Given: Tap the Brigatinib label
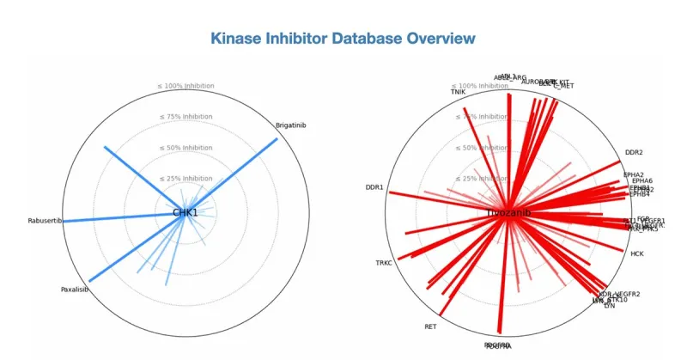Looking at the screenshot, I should pyautogui.click(x=291, y=125).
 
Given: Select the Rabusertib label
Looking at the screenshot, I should pyautogui.click(x=45, y=221).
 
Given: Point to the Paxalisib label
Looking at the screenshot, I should pyautogui.click(x=75, y=289).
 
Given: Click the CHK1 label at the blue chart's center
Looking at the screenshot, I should pyautogui.click(x=185, y=212).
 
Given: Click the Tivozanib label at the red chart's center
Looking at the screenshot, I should pyautogui.click(x=508, y=212).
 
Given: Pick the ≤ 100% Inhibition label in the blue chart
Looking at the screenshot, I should pyautogui.click(x=185, y=86).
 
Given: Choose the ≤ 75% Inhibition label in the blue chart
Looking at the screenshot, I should pyautogui.click(x=185, y=117).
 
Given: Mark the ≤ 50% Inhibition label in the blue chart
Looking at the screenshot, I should pyautogui.click(x=185, y=148).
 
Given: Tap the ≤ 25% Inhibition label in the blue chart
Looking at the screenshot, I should pyautogui.click(x=185, y=179).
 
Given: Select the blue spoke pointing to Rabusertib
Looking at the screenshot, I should pyautogui.click(x=120, y=219).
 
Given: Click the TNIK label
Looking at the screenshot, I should pyautogui.click(x=459, y=92).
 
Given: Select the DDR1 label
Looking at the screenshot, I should pyautogui.click(x=374, y=187).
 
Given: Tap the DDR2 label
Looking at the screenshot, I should pyautogui.click(x=634, y=153).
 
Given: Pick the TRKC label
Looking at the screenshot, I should pyautogui.click(x=384, y=263).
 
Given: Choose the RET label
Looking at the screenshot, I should pyautogui.click(x=430, y=326).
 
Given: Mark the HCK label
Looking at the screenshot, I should pyautogui.click(x=637, y=254).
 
